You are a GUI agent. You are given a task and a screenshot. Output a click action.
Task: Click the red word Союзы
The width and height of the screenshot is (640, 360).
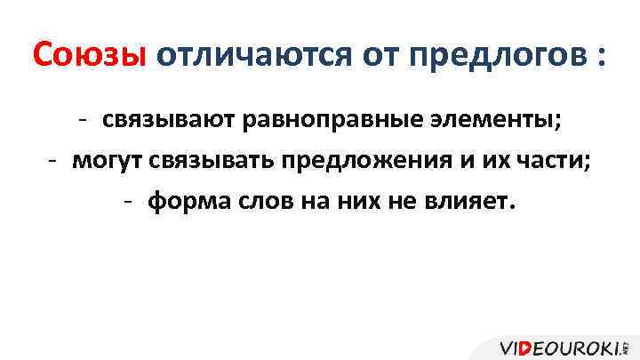pyautogui.click(x=88, y=56)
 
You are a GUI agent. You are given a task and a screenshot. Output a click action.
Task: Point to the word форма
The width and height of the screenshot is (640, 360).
pyautogui.click(x=182, y=202)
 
